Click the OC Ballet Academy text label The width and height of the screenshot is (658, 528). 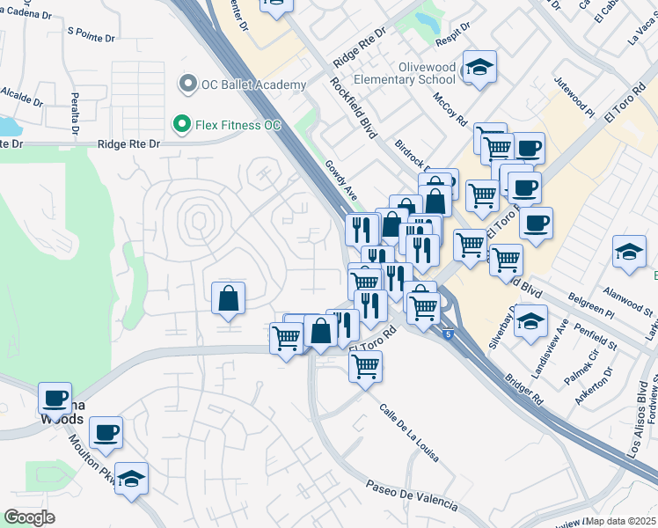254,84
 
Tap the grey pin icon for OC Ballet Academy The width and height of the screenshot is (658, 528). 186,84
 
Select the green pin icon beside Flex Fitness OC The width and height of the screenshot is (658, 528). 182,125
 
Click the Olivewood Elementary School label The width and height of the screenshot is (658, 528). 404,73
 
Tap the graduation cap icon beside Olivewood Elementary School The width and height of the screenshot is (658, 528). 479,67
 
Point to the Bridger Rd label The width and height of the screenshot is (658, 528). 524,386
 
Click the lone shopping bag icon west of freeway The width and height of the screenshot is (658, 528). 229,298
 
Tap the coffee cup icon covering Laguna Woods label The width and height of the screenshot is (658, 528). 55,398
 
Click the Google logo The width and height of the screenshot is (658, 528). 29,517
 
